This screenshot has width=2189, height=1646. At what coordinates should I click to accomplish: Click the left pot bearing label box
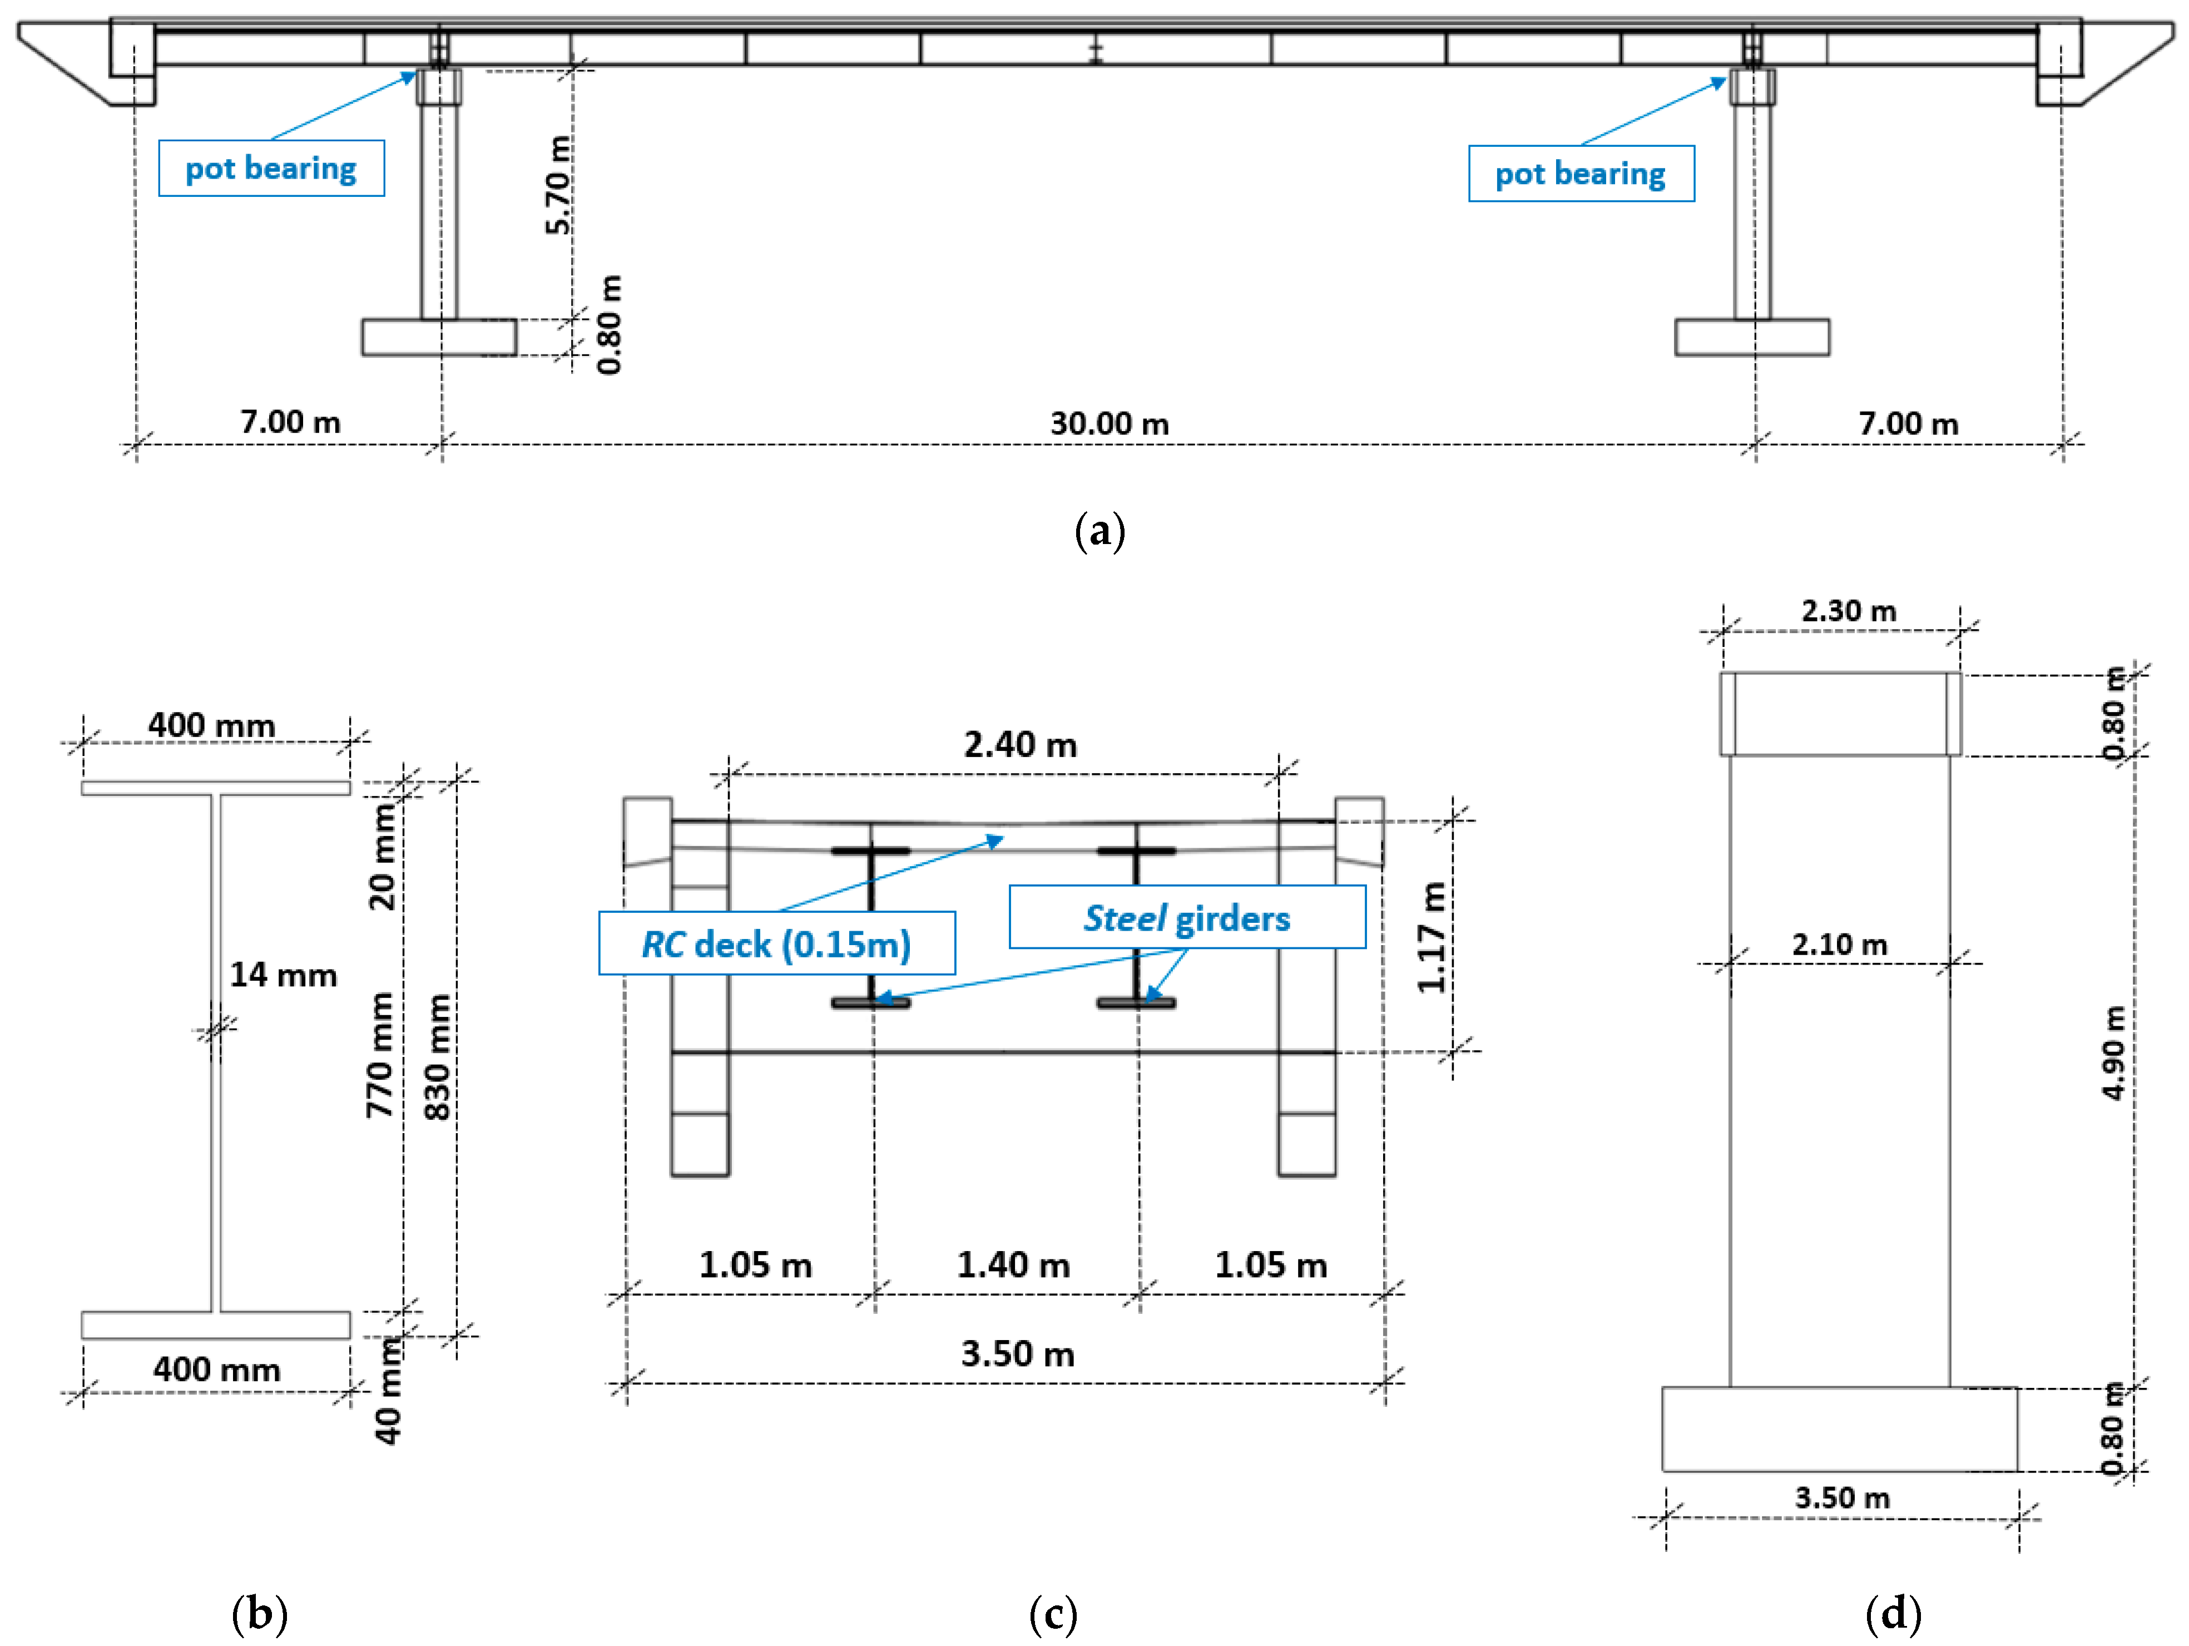[271, 168]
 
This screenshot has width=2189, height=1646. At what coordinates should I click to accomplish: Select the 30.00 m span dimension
[1110, 424]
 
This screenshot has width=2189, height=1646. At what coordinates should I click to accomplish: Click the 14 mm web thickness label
[283, 975]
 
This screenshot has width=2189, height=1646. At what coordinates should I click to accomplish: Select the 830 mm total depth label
[437, 1057]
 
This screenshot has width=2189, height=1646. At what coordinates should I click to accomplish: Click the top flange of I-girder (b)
[216, 788]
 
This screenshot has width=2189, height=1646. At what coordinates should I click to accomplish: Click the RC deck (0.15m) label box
[777, 944]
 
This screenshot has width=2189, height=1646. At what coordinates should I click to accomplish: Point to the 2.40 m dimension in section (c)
[1021, 744]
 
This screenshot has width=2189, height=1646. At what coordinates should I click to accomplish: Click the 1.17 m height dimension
[1431, 937]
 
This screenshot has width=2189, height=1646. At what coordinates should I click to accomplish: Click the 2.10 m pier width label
[1839, 944]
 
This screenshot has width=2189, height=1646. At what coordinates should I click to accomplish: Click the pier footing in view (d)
[1839, 1429]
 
